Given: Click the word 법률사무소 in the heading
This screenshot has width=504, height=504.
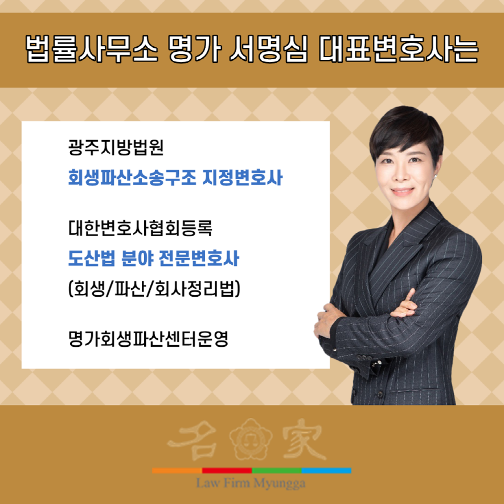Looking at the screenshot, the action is pos(91,49).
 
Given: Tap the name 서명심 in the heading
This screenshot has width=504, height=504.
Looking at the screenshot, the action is pos(268,49).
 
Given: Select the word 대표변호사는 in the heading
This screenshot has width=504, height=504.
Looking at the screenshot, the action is pos(399,49).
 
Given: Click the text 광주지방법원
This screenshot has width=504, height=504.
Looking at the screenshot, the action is pos(116,147).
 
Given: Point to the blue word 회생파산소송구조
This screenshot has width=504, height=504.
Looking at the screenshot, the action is pos(132,178).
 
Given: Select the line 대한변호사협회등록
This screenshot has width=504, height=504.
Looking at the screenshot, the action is pos(140,228).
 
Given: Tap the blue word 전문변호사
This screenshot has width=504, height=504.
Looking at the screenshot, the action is pos(199,258).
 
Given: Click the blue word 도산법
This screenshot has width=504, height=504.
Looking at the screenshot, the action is pos(92,258).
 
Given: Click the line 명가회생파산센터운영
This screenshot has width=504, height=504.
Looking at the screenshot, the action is pos(148,339).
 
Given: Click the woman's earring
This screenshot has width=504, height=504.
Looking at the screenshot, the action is pos(436,177).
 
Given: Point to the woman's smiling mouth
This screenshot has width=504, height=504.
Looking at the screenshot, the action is pos(403,191).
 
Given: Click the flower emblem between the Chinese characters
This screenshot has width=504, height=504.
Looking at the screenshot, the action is pos(251,439).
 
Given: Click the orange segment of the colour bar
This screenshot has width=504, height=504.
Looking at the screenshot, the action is pos(177,470).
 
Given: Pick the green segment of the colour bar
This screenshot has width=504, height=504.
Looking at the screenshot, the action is pos(277,470).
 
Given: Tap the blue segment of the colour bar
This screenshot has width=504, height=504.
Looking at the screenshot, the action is pos(326,470).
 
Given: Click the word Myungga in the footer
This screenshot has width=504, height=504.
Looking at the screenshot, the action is pos(279,483).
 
